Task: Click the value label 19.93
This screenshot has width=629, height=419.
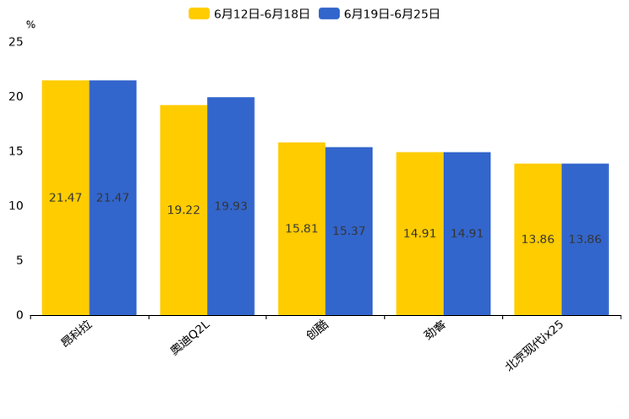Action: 231,206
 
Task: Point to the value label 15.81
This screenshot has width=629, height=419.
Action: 302,229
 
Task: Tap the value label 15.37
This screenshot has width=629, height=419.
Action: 349,231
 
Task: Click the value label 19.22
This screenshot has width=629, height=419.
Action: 183,210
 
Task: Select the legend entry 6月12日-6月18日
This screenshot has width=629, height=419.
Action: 249,14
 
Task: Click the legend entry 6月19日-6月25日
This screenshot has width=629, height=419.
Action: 380,14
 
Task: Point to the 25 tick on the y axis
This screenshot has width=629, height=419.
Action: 16,42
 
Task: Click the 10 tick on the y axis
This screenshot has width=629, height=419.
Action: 16,205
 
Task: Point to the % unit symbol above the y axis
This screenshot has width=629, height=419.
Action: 30,25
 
